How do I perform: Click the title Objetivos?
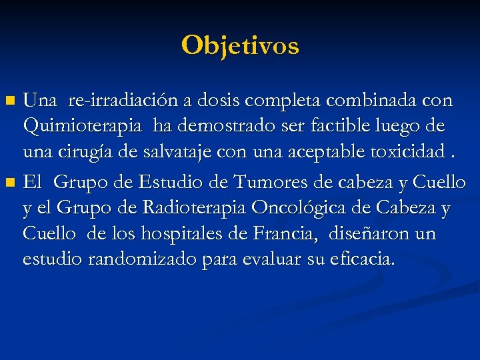point(240,45)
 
